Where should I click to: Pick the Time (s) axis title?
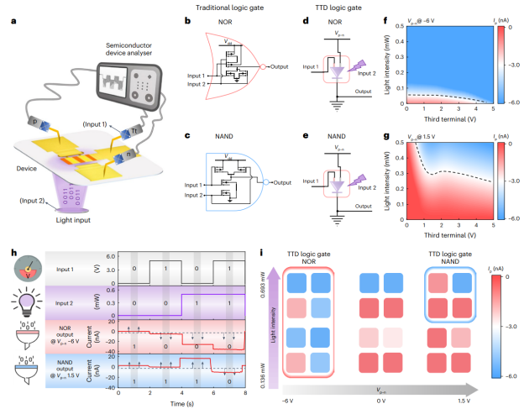(x=181, y=404)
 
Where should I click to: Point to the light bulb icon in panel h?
(x=25, y=302)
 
